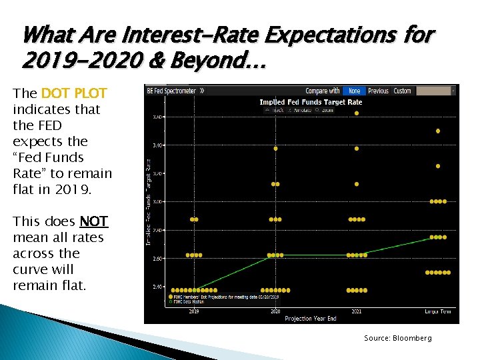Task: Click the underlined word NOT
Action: click(93, 221)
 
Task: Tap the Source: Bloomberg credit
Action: click(397, 338)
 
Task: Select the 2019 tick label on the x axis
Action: click(193, 311)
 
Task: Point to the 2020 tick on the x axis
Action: click(275, 311)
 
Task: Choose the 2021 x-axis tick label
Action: click(357, 311)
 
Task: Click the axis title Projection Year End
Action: click(311, 319)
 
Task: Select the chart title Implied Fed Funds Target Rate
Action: click(311, 102)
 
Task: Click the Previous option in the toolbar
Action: click(378, 91)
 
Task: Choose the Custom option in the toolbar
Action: click(402, 91)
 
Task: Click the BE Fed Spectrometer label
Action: click(171, 91)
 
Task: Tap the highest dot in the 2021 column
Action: click(357, 113)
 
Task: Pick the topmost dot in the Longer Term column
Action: click(438, 131)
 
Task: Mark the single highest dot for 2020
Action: click(275, 149)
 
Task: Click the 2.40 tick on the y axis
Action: click(157, 287)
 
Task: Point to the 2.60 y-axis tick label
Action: click(157, 259)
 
